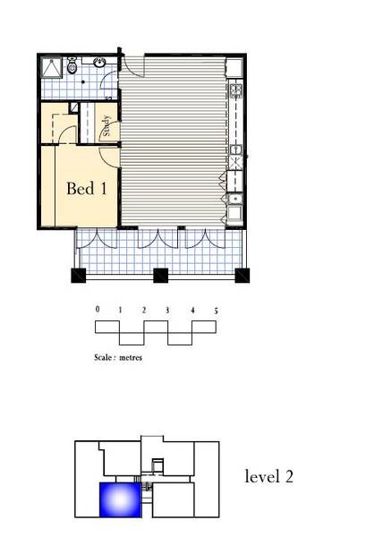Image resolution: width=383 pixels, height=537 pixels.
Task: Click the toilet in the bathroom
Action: [x=72, y=65]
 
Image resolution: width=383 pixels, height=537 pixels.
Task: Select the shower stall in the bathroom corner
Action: [x=52, y=67]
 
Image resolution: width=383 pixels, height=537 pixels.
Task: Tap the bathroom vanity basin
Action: [x=100, y=63]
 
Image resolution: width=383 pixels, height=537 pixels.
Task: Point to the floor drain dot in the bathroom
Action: [x=83, y=82]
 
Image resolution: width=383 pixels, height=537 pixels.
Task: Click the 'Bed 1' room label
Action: [x=87, y=188]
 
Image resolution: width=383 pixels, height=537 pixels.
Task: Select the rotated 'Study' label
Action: [x=106, y=125]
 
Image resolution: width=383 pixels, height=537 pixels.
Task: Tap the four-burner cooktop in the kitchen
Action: [x=235, y=90]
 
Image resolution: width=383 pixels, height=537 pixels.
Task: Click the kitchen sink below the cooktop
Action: [x=235, y=149]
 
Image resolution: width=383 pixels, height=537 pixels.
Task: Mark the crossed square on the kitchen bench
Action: [x=235, y=163]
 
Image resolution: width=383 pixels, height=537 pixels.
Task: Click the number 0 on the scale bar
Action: [x=98, y=310]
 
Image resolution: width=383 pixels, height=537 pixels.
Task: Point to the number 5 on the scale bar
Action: [x=216, y=311]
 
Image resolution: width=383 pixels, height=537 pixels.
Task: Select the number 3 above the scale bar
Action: [x=167, y=311]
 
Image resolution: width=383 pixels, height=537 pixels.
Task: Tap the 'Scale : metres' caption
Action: [x=118, y=357]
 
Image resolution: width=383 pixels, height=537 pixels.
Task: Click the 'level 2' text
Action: [x=269, y=476]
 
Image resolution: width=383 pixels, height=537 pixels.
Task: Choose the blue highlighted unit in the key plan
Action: [x=120, y=499]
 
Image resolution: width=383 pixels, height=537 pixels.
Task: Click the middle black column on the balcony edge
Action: [x=160, y=276]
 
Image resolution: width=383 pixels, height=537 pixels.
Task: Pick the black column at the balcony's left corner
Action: [x=79, y=276]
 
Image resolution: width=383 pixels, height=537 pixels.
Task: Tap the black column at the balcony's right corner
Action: [x=242, y=276]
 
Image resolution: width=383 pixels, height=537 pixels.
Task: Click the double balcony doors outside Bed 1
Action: [x=98, y=239]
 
